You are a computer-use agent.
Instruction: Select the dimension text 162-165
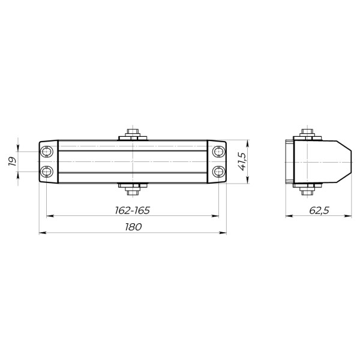pyautogui.click(x=131, y=210)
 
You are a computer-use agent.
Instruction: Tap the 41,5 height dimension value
pyautogui.click(x=242, y=162)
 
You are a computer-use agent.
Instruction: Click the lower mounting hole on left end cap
pyautogui.click(x=47, y=173)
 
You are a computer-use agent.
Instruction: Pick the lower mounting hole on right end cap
pyautogui.click(x=218, y=173)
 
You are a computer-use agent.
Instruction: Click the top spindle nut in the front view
pyautogui.click(x=133, y=133)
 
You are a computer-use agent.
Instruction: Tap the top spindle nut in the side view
pyautogui.click(x=307, y=133)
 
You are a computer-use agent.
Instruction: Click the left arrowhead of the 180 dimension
pyautogui.click(x=41, y=232)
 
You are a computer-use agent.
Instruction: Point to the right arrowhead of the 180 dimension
pyautogui.click(x=224, y=232)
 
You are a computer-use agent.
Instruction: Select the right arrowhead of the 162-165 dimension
pyautogui.click(x=215, y=215)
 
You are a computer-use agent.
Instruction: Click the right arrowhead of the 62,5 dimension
pyautogui.click(x=349, y=215)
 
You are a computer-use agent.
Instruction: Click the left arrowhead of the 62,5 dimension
pyautogui.click(x=287, y=215)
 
